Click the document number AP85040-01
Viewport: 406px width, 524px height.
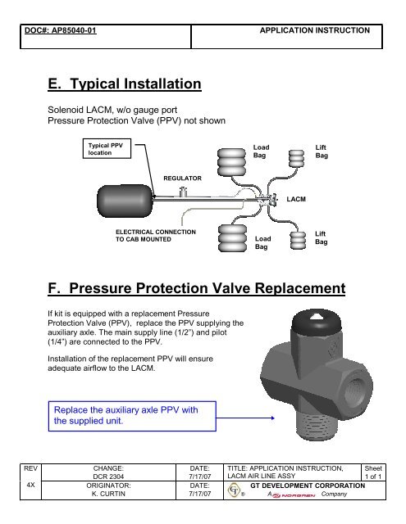[x=74, y=30]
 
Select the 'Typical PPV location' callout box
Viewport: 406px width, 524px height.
[x=107, y=149]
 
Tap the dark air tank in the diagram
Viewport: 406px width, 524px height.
[x=125, y=201]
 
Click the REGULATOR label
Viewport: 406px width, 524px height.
[x=182, y=178]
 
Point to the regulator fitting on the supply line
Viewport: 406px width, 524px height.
[x=183, y=192]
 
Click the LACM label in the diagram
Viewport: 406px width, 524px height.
[x=296, y=199]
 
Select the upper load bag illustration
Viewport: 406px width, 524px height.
[x=231, y=162]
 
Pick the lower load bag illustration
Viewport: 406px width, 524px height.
[x=232, y=238]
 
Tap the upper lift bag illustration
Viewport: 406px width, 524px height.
[x=297, y=158]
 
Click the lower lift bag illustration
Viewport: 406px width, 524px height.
[x=298, y=240]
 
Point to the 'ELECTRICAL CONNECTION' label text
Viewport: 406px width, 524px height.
[x=156, y=232]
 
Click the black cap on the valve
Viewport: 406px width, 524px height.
[x=317, y=321]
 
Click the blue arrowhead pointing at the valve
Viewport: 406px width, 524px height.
[x=272, y=418]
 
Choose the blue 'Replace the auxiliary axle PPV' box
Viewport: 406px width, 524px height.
[x=132, y=416]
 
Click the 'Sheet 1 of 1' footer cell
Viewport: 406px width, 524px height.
[x=373, y=472]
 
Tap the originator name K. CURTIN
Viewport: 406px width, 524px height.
[x=108, y=494]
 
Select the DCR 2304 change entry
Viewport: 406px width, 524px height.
[x=108, y=477]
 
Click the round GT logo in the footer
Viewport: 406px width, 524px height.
[x=234, y=490]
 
